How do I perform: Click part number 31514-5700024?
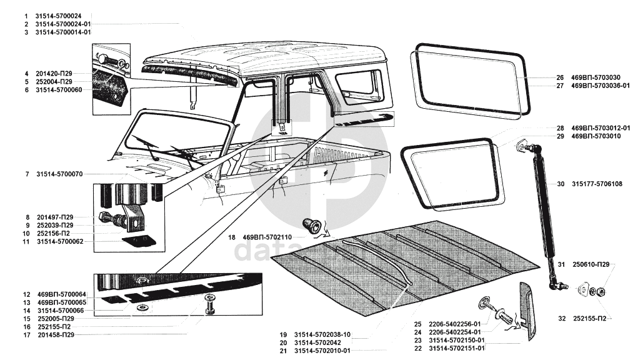coord(62,15)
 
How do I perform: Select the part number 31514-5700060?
coord(62,90)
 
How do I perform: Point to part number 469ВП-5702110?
coord(273,237)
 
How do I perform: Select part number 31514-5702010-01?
coord(323,351)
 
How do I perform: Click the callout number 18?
coord(231,237)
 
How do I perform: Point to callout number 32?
coord(561,319)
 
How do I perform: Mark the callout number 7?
coord(27,174)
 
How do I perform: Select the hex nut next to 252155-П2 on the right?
coord(597,291)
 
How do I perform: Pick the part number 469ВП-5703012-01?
coord(601,128)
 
